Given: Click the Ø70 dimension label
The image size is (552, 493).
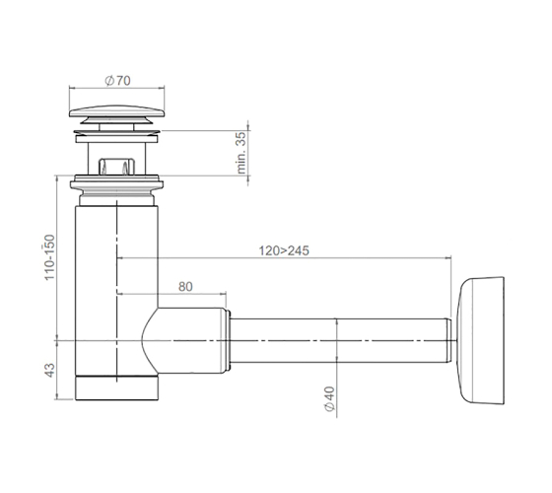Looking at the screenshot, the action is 117,81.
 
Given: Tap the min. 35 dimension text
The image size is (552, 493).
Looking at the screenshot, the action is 241,153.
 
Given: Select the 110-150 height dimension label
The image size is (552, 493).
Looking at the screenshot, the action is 50,257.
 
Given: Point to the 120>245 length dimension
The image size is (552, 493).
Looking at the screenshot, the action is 284,250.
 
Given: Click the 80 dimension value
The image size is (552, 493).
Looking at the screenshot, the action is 185,287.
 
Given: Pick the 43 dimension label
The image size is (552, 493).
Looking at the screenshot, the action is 50,370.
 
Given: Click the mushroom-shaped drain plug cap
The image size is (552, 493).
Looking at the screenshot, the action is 117,110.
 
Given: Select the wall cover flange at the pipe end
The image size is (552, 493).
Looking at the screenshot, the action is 481,340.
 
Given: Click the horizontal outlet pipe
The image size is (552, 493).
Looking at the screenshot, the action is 340,340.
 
